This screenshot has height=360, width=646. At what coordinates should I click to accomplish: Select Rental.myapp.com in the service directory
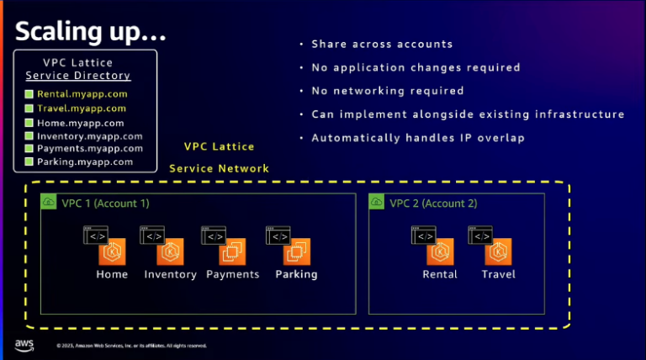[82, 94]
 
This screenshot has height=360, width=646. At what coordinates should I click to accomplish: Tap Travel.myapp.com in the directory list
[82, 108]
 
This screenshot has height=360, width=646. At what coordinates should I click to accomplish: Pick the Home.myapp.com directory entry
[80, 122]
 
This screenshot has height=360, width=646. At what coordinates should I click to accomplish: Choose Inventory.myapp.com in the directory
[89, 135]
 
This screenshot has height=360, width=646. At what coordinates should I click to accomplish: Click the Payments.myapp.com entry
[89, 148]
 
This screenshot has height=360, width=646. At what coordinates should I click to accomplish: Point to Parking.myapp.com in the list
[84, 161]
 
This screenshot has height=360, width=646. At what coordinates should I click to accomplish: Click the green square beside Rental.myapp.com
[29, 94]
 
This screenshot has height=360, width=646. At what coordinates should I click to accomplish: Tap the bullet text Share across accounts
[382, 44]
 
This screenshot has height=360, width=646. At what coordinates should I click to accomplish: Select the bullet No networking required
[388, 91]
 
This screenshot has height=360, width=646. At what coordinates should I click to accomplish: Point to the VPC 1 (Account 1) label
[105, 203]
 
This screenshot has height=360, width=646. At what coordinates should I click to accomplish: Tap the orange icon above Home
[112, 251]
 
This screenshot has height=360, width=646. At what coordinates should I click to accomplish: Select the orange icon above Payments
[232, 251]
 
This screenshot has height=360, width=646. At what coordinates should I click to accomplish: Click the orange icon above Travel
[498, 251]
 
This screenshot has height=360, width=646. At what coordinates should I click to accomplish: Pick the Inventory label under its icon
[171, 274]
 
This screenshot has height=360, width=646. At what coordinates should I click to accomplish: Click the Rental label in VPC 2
[440, 274]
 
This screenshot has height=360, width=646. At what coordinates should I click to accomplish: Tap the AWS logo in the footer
[24, 345]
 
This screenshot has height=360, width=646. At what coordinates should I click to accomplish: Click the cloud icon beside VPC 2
[376, 203]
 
